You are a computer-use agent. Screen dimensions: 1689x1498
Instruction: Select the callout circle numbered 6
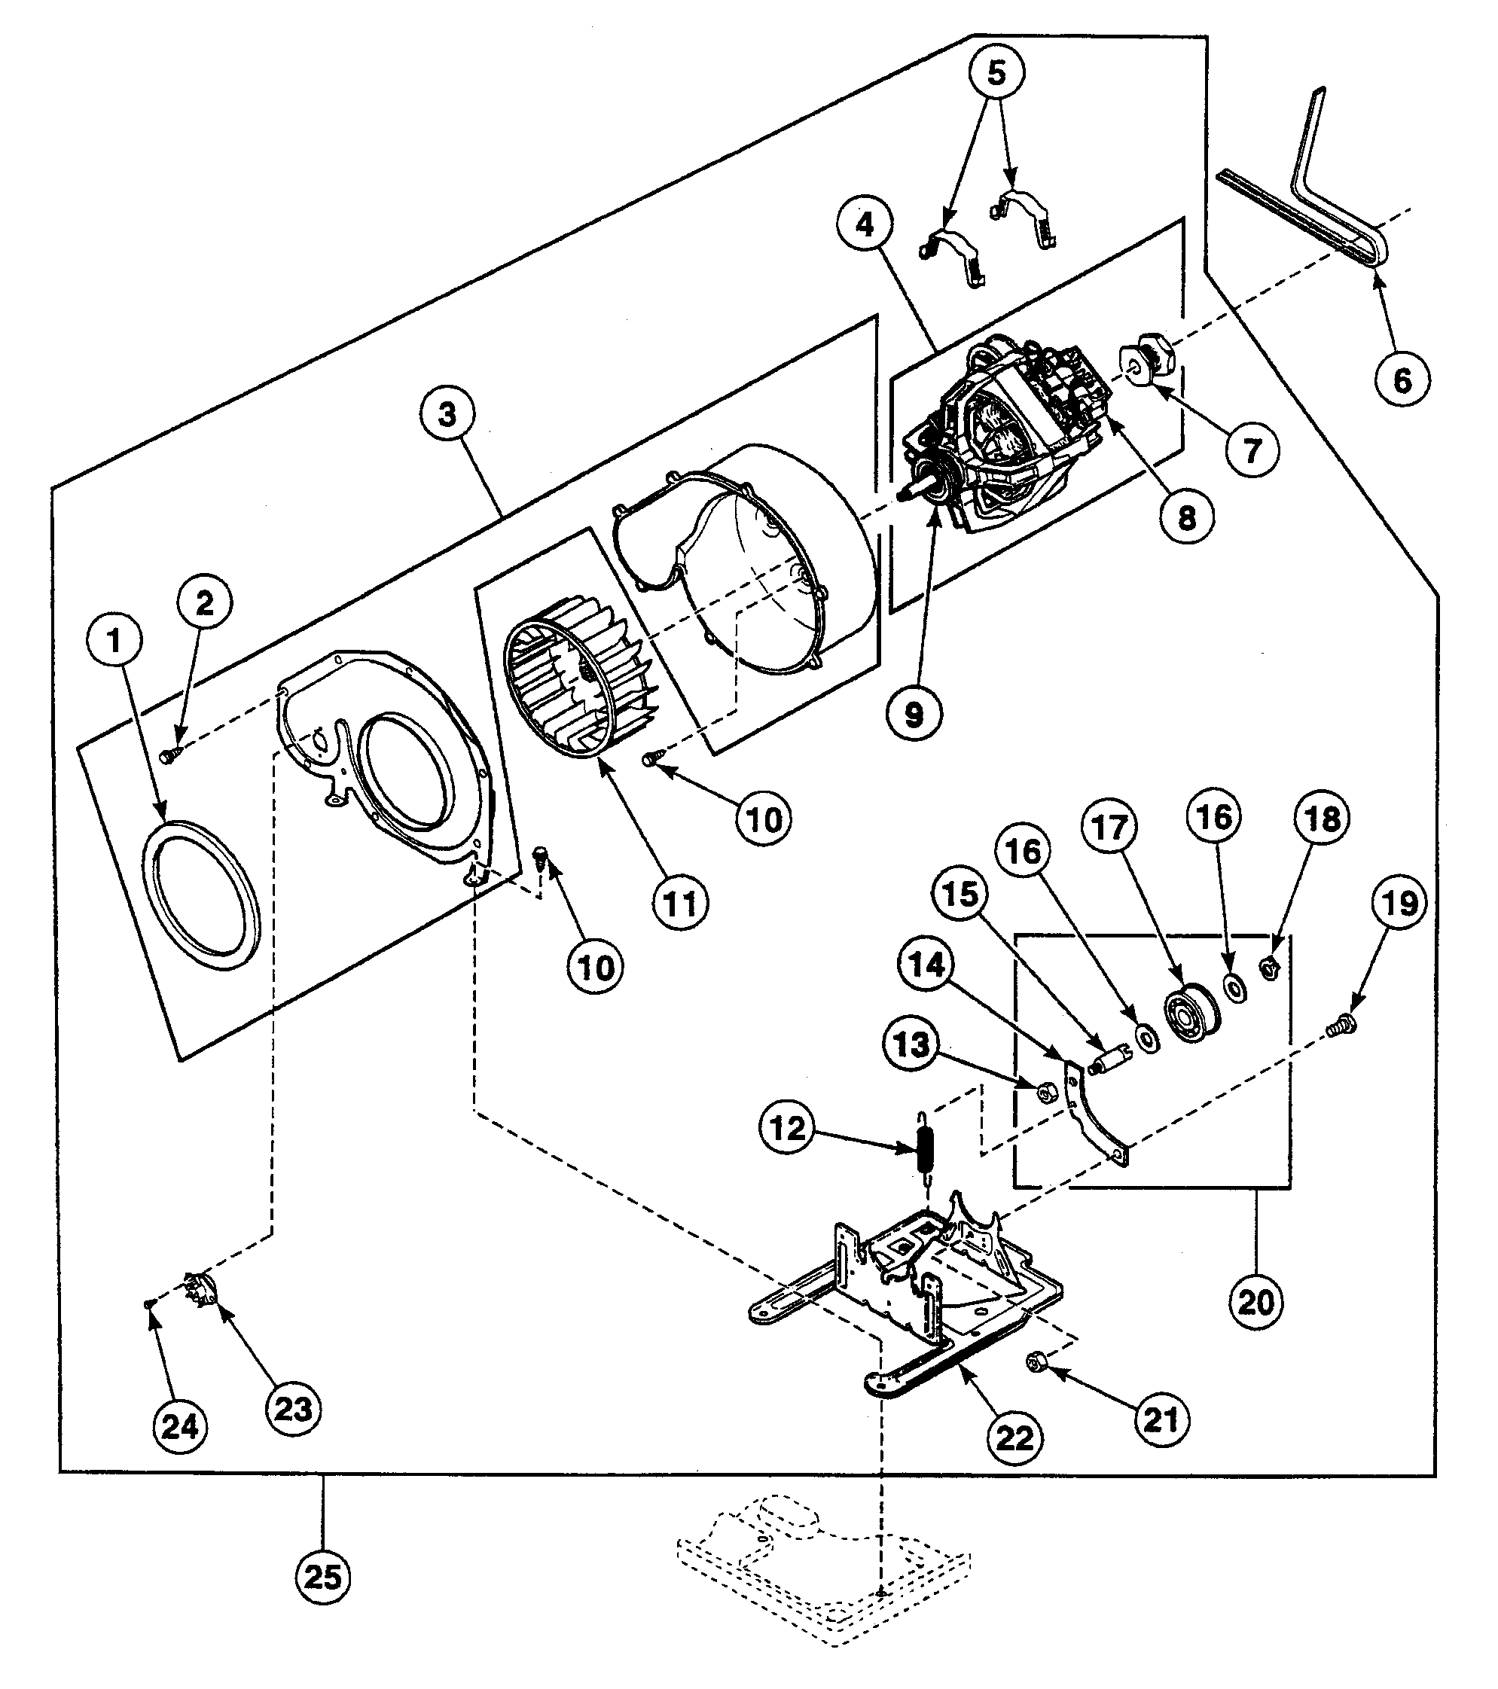coord(1402,380)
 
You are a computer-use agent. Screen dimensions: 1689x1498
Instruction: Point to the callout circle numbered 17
coord(1109,827)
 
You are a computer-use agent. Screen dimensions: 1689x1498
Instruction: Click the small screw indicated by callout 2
coord(169,754)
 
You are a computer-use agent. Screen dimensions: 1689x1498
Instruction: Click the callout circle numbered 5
coord(996,74)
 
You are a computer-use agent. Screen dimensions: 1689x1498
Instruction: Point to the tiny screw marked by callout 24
coord(148,1304)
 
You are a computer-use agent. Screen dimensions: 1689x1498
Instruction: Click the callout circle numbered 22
coord(1014,1439)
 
